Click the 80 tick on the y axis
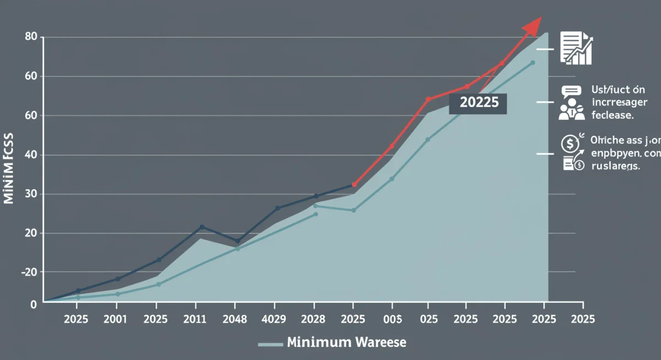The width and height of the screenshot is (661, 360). pos(31,37)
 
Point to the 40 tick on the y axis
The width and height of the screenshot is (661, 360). pos(31,155)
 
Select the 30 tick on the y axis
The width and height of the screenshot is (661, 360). pos(31,194)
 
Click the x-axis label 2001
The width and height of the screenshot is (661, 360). pos(116,319)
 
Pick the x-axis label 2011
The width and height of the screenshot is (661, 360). pos(196,319)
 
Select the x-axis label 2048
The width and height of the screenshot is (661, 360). pos(235,319)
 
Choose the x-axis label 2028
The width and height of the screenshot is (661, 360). pos(314,319)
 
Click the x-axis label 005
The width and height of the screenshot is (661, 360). pos(392,319)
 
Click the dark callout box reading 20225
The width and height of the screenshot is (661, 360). pos(478,103)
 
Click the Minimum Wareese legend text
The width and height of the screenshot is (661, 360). pos(346,342)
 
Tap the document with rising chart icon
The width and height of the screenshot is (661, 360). pos(576,48)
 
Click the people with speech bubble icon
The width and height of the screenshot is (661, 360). pos(571,103)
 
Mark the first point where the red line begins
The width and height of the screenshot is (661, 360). pos(354,185)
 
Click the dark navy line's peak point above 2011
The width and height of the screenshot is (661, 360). pos(202,227)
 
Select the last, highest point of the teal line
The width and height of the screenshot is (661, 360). pos(533,63)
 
